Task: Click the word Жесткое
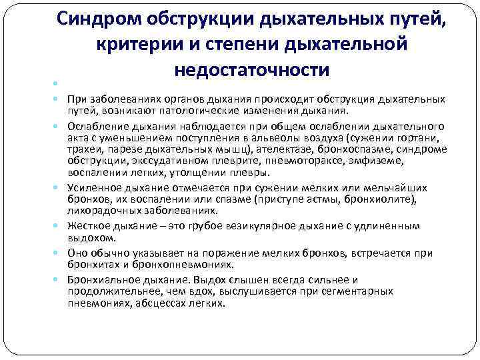pos(87,227)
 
